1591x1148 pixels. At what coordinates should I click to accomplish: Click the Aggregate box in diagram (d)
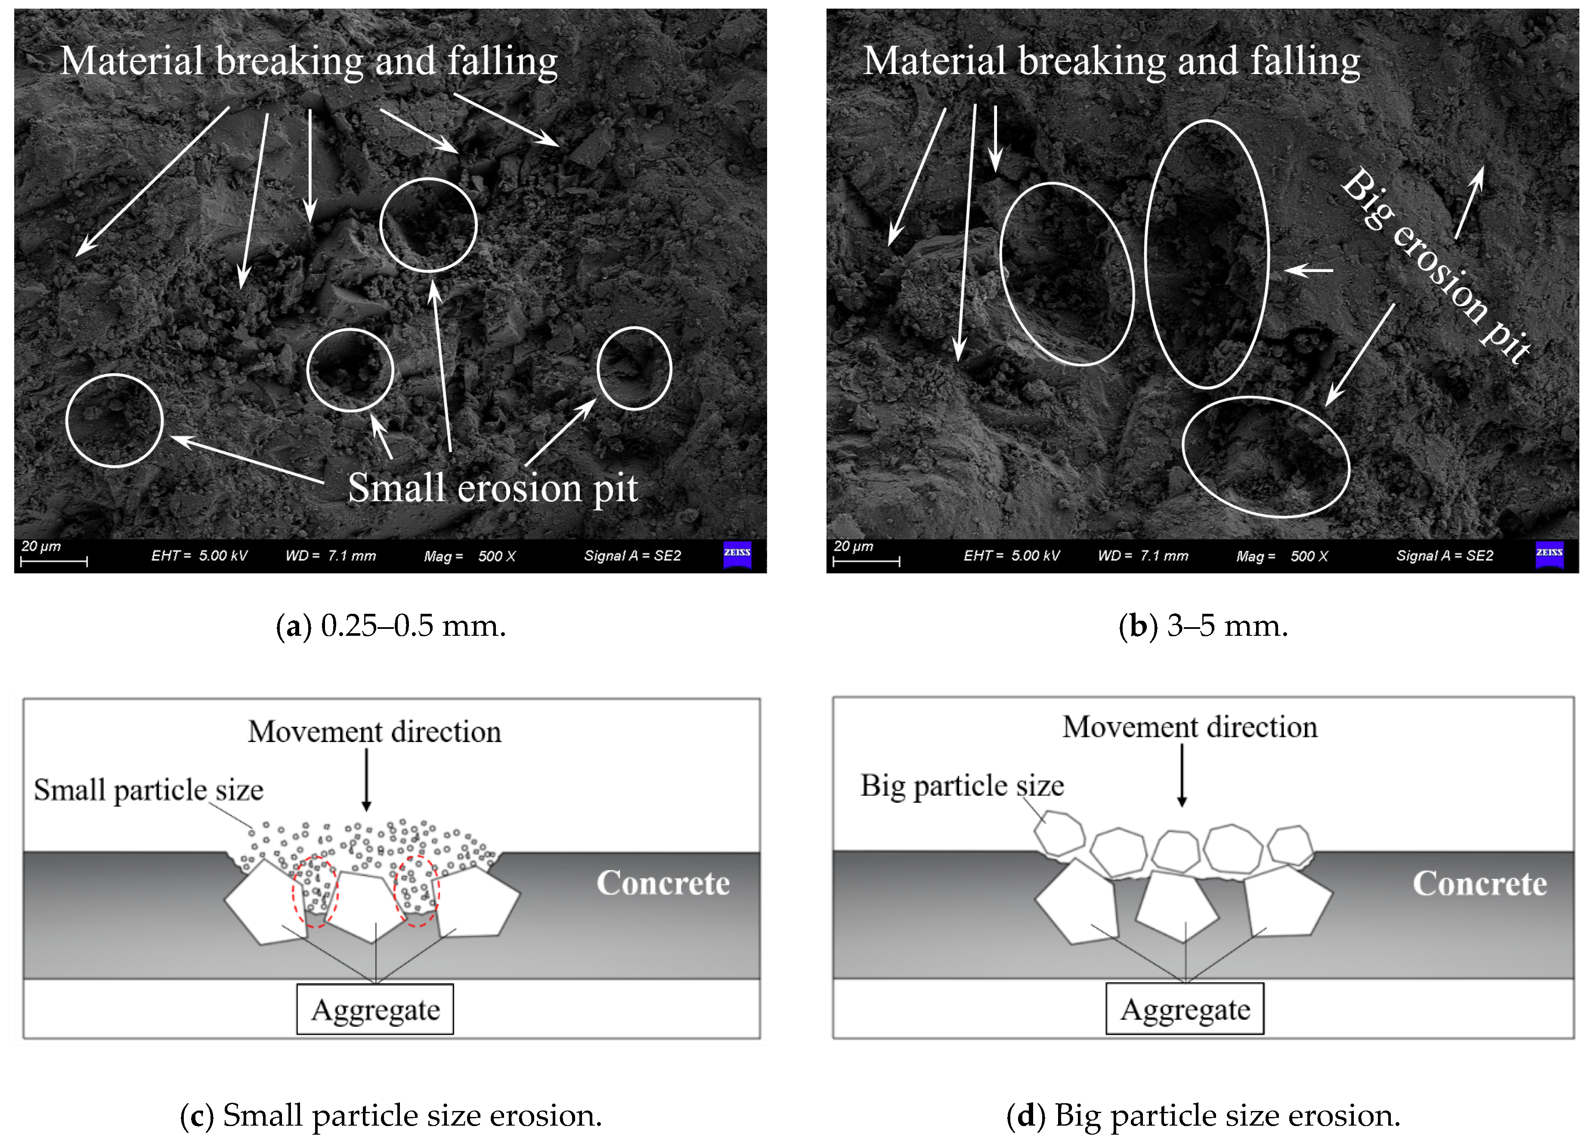tap(1184, 1009)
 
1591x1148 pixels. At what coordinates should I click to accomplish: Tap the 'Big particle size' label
tap(962, 786)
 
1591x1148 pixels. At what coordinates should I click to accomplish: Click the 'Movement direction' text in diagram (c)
tap(375, 731)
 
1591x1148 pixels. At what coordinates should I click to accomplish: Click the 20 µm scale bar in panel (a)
tap(53, 560)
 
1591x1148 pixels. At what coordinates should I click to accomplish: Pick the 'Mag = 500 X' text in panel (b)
tap(1281, 556)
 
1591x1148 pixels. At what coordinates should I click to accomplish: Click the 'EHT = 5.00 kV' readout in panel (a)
tap(199, 555)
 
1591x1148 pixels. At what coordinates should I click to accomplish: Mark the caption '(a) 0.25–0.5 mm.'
tap(391, 625)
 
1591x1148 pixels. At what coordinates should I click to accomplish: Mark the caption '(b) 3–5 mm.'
tap(1203, 625)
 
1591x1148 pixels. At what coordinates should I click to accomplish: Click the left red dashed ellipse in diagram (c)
tap(315, 891)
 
